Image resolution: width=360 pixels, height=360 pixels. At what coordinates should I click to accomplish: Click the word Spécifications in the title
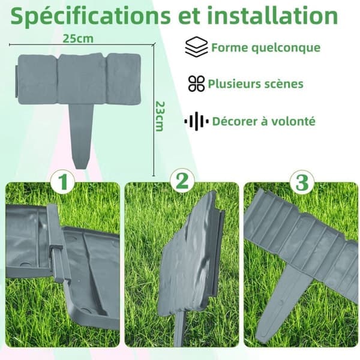point(91,17)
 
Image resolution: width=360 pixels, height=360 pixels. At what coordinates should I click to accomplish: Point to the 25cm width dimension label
point(78,38)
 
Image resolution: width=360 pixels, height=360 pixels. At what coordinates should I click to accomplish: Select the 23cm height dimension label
point(160,116)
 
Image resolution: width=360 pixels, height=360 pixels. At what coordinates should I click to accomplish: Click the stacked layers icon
point(196,47)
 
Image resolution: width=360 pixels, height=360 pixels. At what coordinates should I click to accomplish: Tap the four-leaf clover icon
point(197,83)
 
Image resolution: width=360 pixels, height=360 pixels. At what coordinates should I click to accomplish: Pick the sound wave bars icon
point(196,121)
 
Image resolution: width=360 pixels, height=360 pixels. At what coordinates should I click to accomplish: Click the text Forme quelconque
point(266,47)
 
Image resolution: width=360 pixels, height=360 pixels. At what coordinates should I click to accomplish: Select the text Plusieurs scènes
point(256,84)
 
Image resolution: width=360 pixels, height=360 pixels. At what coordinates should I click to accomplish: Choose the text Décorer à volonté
point(264,121)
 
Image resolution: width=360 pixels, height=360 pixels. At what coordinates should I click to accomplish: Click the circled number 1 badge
point(62,182)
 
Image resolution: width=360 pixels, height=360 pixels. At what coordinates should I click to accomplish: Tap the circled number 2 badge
point(182,181)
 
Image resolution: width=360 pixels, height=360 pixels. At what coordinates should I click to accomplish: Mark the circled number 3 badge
point(302,182)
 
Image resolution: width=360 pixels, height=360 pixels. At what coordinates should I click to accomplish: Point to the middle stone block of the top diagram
point(82,79)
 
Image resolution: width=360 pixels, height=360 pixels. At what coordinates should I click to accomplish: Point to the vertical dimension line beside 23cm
point(154,110)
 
